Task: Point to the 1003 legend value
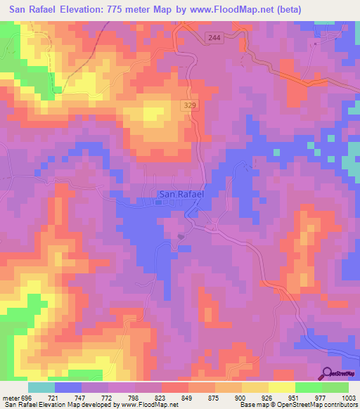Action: (x=348, y=397)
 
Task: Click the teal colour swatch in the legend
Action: (x=40, y=387)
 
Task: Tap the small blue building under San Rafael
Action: (x=159, y=204)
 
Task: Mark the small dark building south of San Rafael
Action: (x=181, y=236)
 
